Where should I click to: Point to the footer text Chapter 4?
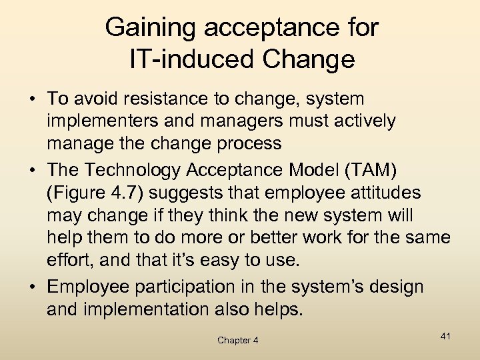coord(238,341)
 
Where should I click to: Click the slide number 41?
coord(445,336)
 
